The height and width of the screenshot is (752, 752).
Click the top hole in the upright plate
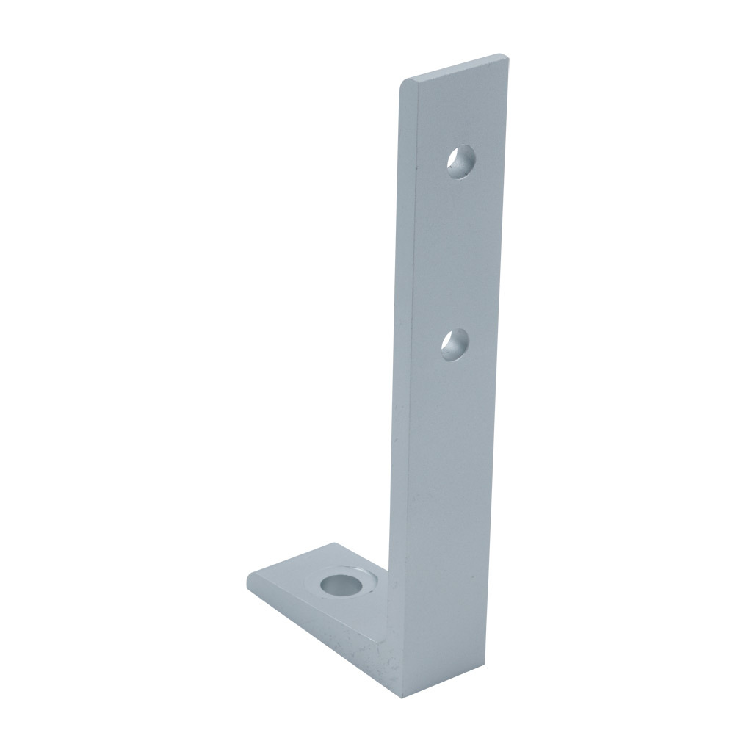click(461, 161)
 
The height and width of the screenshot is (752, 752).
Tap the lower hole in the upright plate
click(455, 345)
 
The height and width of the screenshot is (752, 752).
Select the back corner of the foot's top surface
click(334, 545)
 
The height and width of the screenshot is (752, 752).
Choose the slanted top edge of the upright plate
click(455, 68)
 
